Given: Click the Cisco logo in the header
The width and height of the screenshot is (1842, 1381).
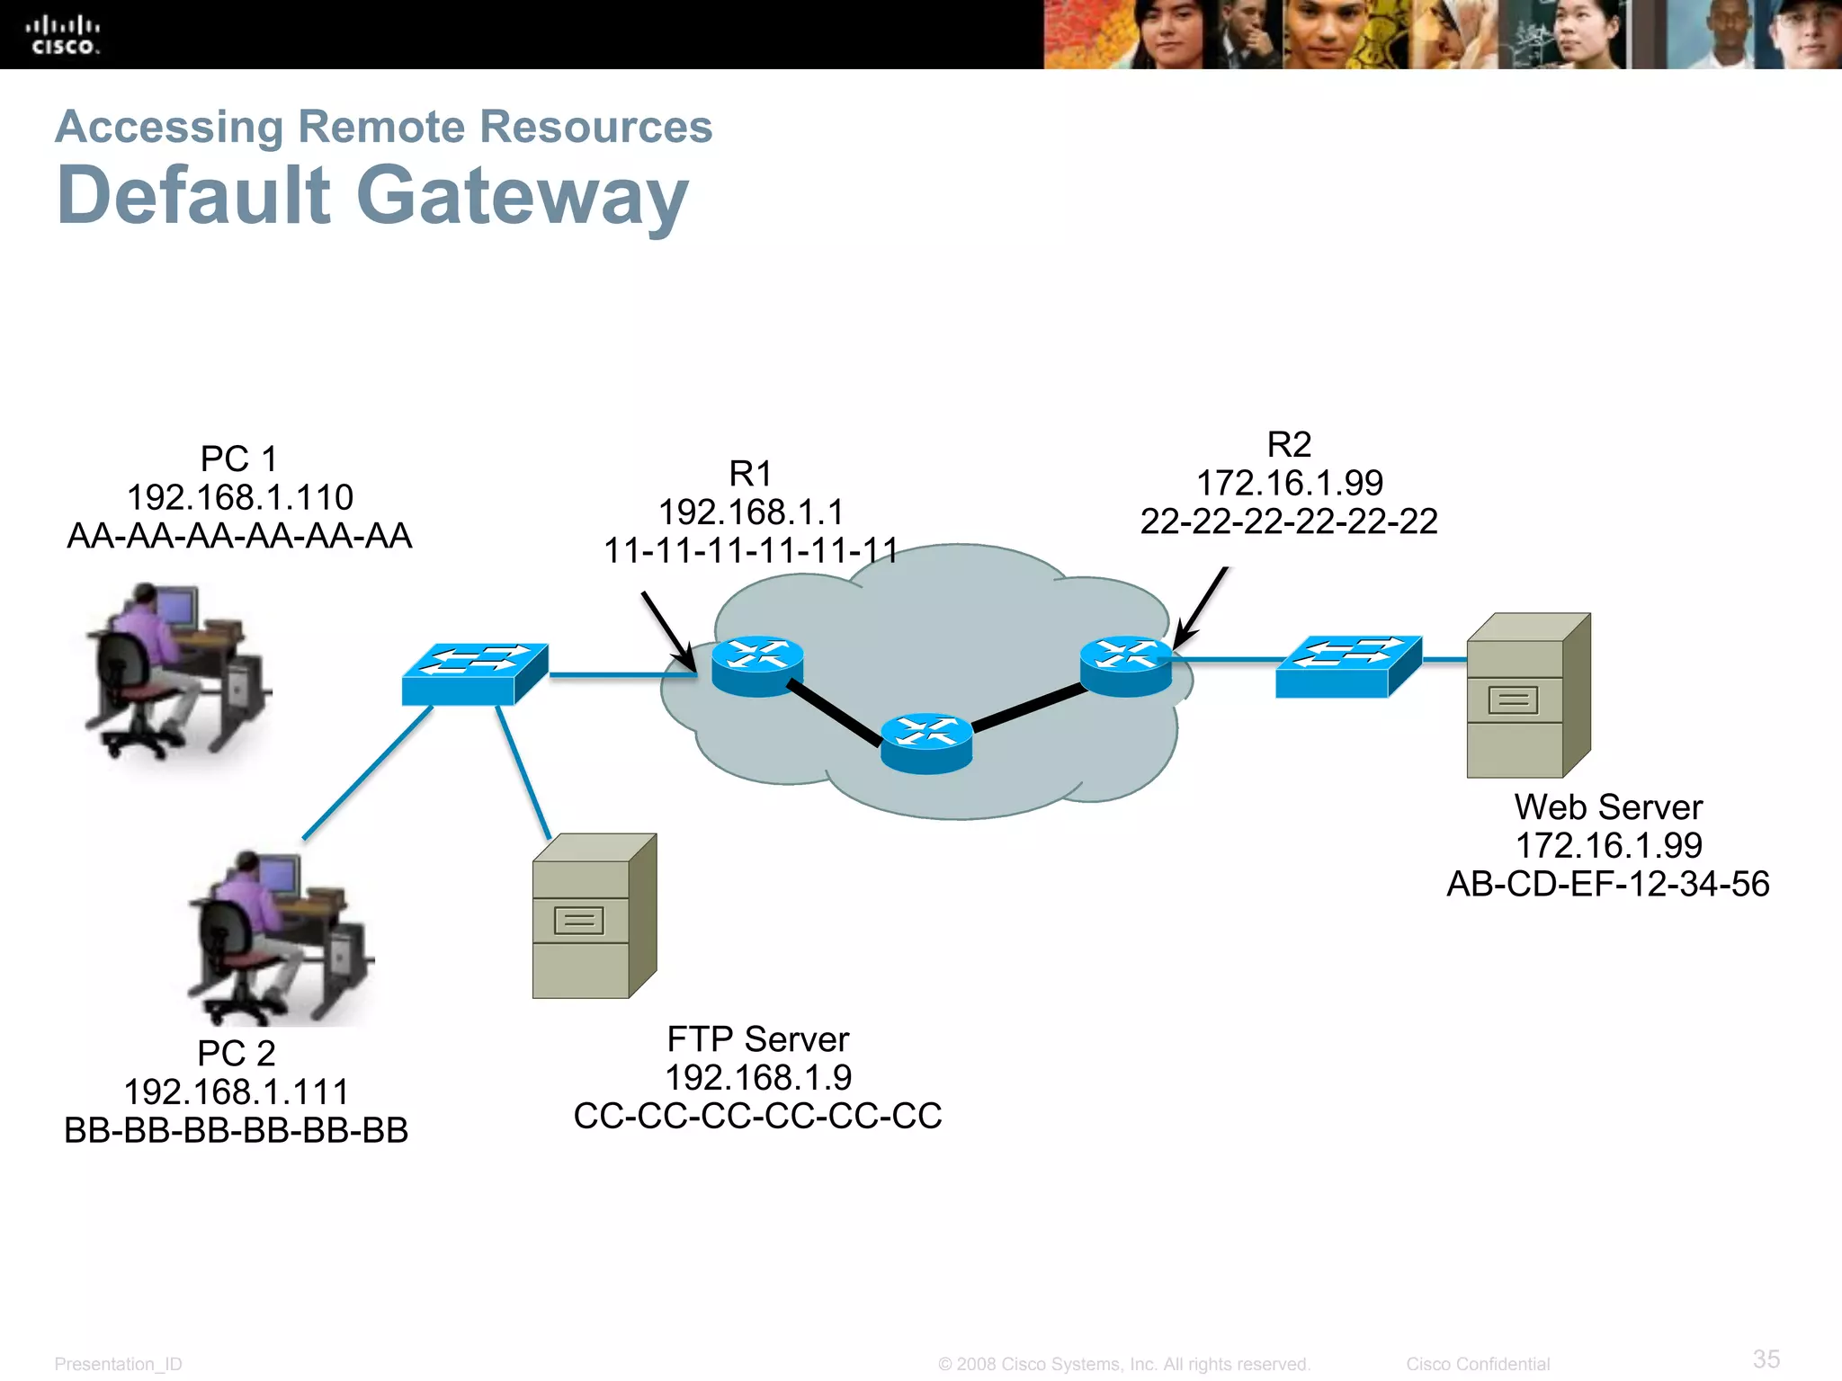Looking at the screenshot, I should (x=62, y=35).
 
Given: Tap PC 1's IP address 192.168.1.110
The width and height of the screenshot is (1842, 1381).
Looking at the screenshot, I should (x=240, y=497).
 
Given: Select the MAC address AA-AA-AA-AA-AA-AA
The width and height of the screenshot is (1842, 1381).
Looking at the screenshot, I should (x=239, y=536).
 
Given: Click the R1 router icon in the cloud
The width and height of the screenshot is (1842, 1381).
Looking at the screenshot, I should (x=756, y=666).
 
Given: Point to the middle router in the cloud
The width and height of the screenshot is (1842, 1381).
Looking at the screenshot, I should (x=925, y=742).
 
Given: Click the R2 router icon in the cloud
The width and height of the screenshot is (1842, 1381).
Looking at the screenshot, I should (x=1125, y=665).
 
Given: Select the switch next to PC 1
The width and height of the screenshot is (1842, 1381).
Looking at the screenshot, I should (x=475, y=673).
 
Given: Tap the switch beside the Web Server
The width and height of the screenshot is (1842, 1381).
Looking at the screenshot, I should (x=1348, y=666).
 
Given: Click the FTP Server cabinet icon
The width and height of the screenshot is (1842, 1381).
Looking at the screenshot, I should (x=594, y=916).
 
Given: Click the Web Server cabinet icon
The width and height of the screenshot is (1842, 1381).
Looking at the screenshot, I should (x=1528, y=695).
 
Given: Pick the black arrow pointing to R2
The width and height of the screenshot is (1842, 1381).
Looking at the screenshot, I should (x=1200, y=607).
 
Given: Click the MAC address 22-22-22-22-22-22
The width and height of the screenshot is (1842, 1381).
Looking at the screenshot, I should (x=1289, y=521).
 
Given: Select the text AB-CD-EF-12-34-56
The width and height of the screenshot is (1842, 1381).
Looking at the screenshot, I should (x=1607, y=884).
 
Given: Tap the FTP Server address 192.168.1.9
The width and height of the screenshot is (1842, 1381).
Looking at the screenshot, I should (x=758, y=1077).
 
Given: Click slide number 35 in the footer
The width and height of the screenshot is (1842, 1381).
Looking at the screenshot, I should (x=1766, y=1359).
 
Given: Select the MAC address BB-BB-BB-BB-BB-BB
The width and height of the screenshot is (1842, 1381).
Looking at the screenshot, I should (x=237, y=1130).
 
